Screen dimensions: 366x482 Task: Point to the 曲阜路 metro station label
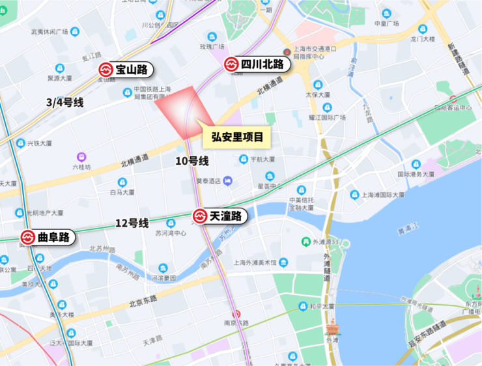coord(47,238)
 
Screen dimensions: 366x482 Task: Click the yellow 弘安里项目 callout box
coord(237,137)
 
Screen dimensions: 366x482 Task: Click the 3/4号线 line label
coord(65,102)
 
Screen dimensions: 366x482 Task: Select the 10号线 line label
coord(193,161)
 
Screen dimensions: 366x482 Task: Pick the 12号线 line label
coord(132,223)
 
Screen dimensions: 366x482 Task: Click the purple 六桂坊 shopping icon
coord(81,157)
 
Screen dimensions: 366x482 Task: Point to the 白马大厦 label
coord(122,193)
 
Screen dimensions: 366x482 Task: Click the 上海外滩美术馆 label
coord(255,262)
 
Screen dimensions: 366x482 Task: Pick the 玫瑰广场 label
coord(212,47)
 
